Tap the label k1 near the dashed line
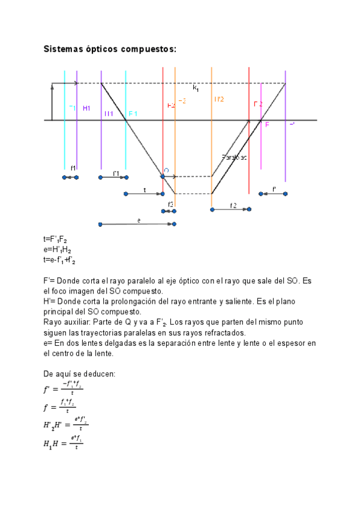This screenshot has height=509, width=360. point(196,88)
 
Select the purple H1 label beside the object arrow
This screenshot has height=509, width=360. point(86,108)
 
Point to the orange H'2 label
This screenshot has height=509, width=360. point(218,100)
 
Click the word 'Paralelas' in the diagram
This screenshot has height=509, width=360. point(234,157)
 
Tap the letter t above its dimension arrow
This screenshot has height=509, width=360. point(145,190)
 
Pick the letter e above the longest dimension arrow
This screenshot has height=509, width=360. point(139,220)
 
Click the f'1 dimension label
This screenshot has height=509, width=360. point(116,173)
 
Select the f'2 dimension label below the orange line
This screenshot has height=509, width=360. point(233,205)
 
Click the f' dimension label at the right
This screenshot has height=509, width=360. point(274,190)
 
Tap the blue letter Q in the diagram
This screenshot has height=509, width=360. point(166,171)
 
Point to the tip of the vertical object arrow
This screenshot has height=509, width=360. point(52,86)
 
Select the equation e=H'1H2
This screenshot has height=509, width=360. point(59,250)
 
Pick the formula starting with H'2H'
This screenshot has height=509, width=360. point(66,427)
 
